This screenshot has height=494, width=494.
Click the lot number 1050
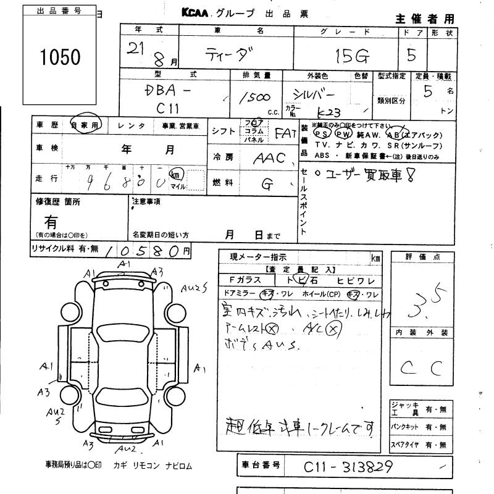tap(60, 58)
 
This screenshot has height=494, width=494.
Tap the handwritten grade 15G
tap(353, 57)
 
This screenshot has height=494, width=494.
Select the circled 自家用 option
tap(85, 124)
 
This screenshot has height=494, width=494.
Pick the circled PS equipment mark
tap(322, 133)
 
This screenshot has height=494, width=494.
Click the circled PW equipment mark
tap(343, 133)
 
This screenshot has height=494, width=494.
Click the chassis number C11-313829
tap(348, 467)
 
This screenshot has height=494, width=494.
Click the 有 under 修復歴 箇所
tap(51, 221)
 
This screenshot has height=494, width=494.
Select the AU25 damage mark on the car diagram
tap(194, 287)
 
